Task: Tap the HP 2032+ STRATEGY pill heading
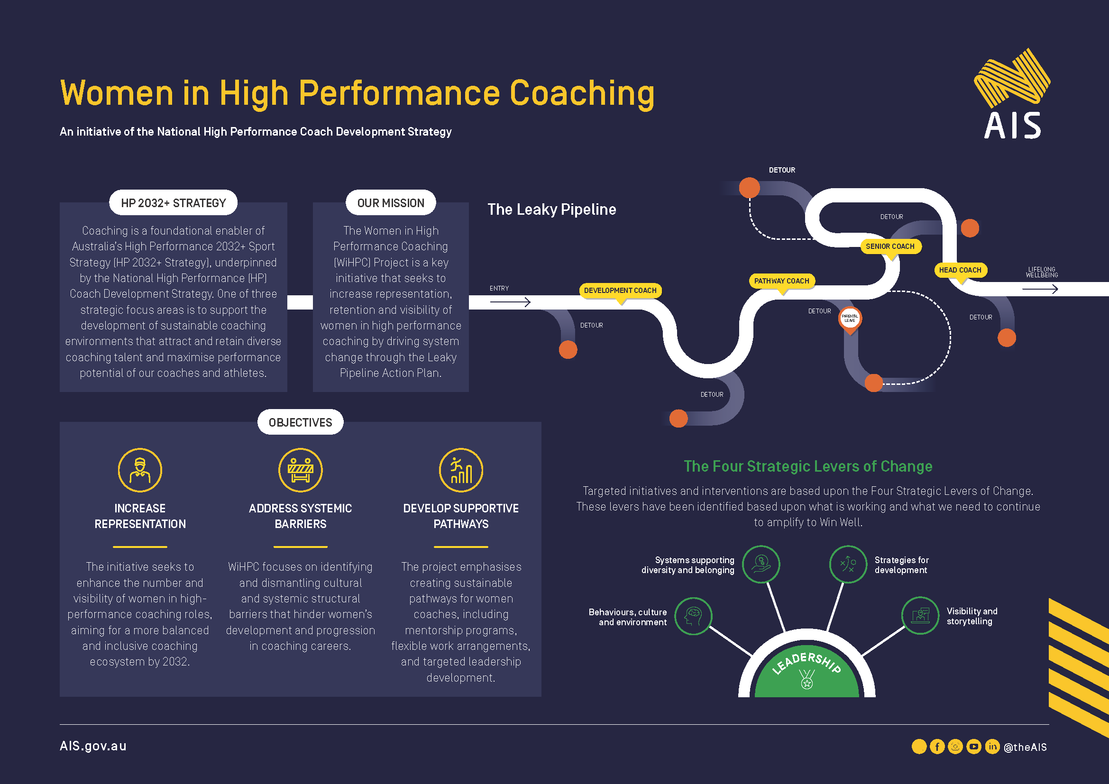click(x=173, y=203)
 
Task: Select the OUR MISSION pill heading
click(x=390, y=203)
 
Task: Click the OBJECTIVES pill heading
click(x=300, y=422)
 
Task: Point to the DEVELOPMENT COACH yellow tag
click(x=620, y=291)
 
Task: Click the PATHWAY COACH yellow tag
click(x=781, y=281)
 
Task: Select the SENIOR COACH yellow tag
click(x=890, y=246)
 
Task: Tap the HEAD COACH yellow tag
click(x=960, y=270)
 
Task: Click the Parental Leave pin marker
click(x=850, y=320)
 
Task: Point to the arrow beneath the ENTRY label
click(x=510, y=302)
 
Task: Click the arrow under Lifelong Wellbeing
click(x=1040, y=289)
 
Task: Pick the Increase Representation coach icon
click(x=140, y=470)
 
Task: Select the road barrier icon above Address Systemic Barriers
click(x=301, y=470)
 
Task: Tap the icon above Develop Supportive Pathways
click(x=461, y=470)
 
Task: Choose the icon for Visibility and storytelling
click(x=920, y=616)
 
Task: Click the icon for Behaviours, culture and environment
click(x=693, y=616)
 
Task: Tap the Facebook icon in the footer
click(x=937, y=747)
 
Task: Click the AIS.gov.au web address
click(x=93, y=747)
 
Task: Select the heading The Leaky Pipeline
click(x=551, y=210)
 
